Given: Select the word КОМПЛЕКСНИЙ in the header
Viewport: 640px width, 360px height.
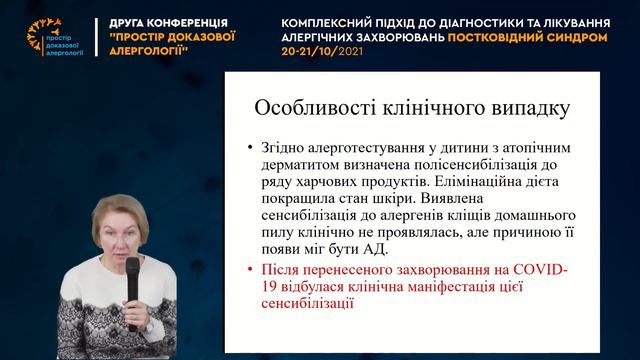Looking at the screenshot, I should click(321, 21).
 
